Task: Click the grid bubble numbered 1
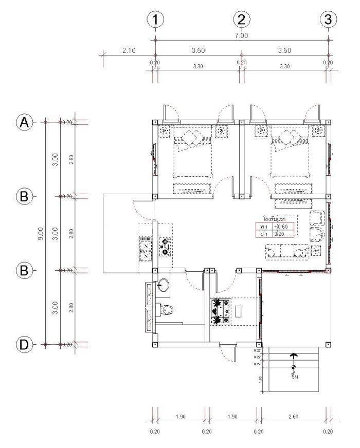click(155, 20)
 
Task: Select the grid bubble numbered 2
click(241, 20)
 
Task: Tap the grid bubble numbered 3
click(328, 20)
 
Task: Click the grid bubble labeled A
click(24, 122)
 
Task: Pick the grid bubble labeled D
click(24, 344)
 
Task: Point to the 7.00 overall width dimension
click(241, 36)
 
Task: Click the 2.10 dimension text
click(129, 50)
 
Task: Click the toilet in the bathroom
click(166, 310)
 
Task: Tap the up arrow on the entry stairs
click(293, 355)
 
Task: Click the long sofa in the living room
click(286, 251)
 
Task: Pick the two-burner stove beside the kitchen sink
click(165, 247)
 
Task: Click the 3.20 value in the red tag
click(278, 234)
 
